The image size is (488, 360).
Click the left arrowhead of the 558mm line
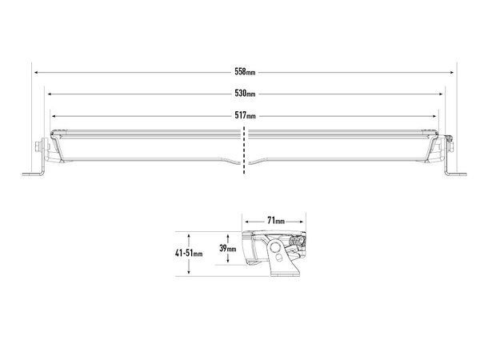click(x=34, y=72)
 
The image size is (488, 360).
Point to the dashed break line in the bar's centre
click(x=245, y=148)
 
